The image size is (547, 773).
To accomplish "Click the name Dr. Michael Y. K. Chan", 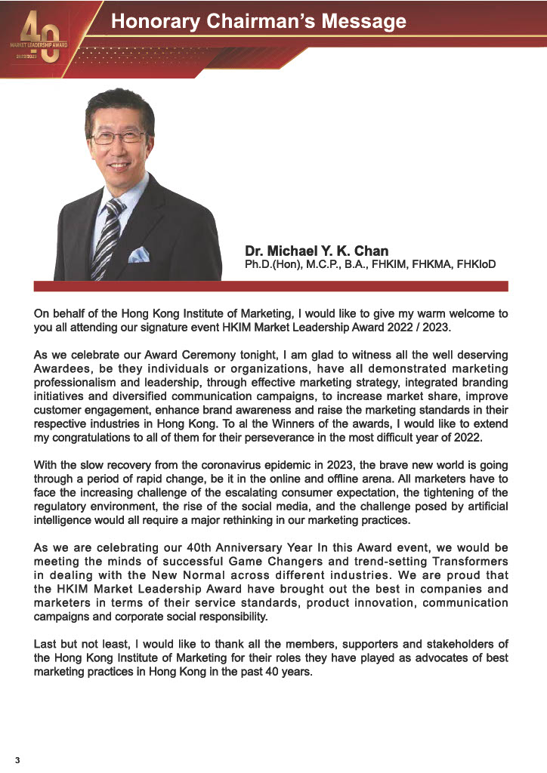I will coord(317,251).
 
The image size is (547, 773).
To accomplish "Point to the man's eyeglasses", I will coord(118,137).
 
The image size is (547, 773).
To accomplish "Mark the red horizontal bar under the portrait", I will coord(271,286).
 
